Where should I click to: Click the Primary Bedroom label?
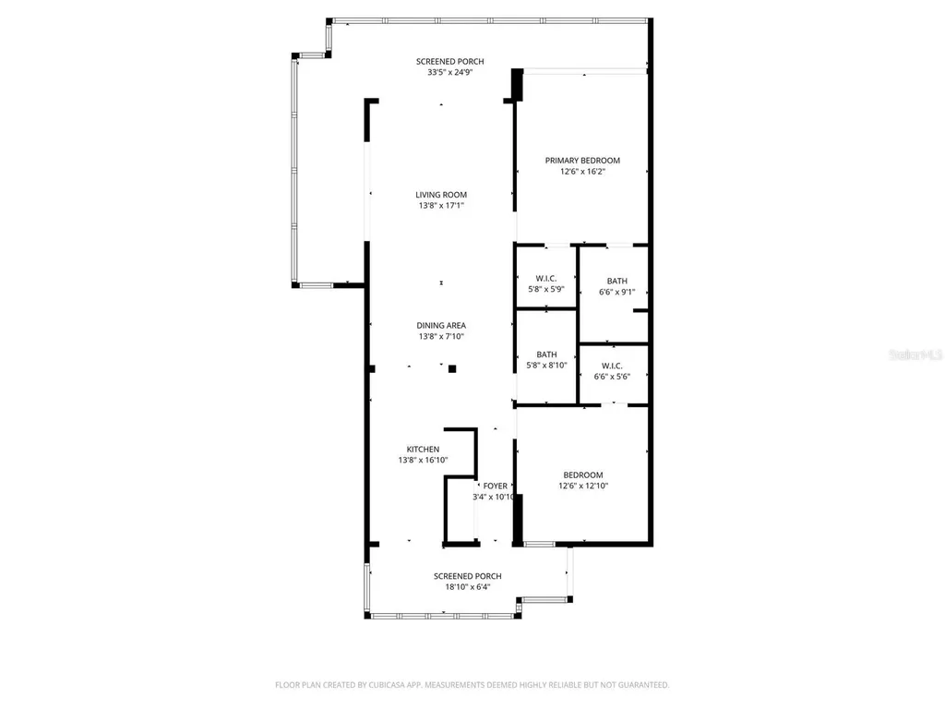582,160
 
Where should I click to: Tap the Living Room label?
441,195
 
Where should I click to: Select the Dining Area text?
441,325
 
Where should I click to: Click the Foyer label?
495,486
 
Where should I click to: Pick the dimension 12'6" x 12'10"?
583,487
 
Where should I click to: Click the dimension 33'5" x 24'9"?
449,72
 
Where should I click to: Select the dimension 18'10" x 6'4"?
468,587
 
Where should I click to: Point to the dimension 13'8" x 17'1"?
441,206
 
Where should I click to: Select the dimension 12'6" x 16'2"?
582,172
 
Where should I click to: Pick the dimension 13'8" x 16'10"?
424,460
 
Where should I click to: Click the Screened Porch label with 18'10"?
468,576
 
